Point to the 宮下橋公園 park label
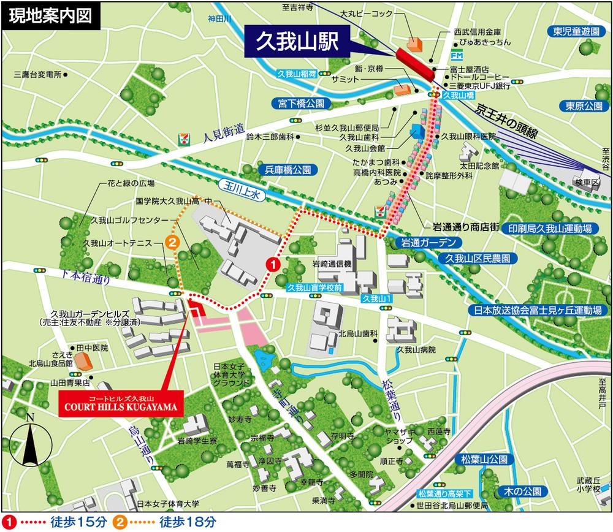(303, 104)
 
